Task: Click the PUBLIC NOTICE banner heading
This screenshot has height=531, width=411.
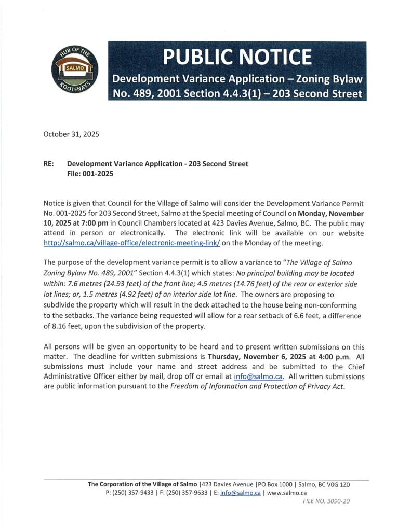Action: [x=237, y=57]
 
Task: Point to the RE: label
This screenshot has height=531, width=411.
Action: [x=49, y=164]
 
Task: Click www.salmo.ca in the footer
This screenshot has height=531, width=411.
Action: [x=286, y=493]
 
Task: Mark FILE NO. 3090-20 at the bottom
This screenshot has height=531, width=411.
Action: [x=326, y=501]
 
